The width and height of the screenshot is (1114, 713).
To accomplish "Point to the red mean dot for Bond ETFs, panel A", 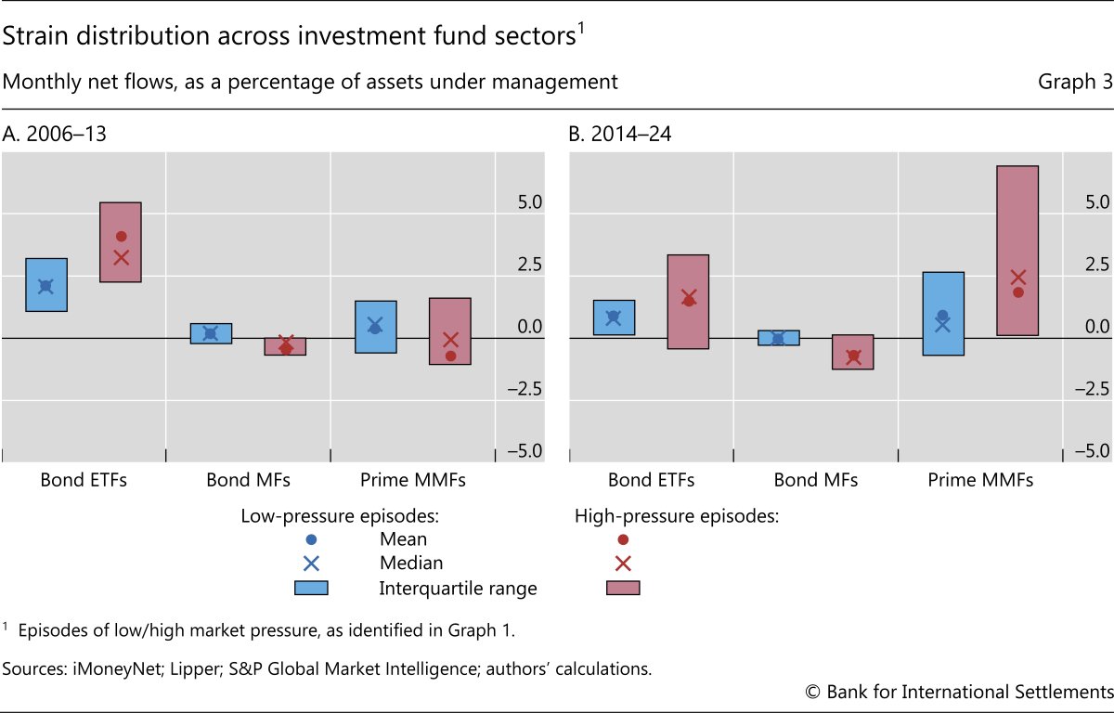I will point(121,236).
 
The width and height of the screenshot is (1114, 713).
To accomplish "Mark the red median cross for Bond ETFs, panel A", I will point(121,257).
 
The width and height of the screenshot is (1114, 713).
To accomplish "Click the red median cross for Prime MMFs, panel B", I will point(1017,277).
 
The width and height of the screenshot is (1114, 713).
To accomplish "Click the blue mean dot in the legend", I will point(312,539).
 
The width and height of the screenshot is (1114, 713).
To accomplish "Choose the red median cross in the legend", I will point(623,564).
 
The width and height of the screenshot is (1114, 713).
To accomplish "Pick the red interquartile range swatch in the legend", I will point(623,588).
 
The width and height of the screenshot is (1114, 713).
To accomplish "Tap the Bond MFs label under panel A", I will point(248,480).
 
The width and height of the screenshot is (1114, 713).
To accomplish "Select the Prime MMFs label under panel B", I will point(980,480).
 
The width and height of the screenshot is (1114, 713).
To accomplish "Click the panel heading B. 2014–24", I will point(620,134).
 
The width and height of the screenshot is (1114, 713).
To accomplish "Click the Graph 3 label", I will point(1075,82).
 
